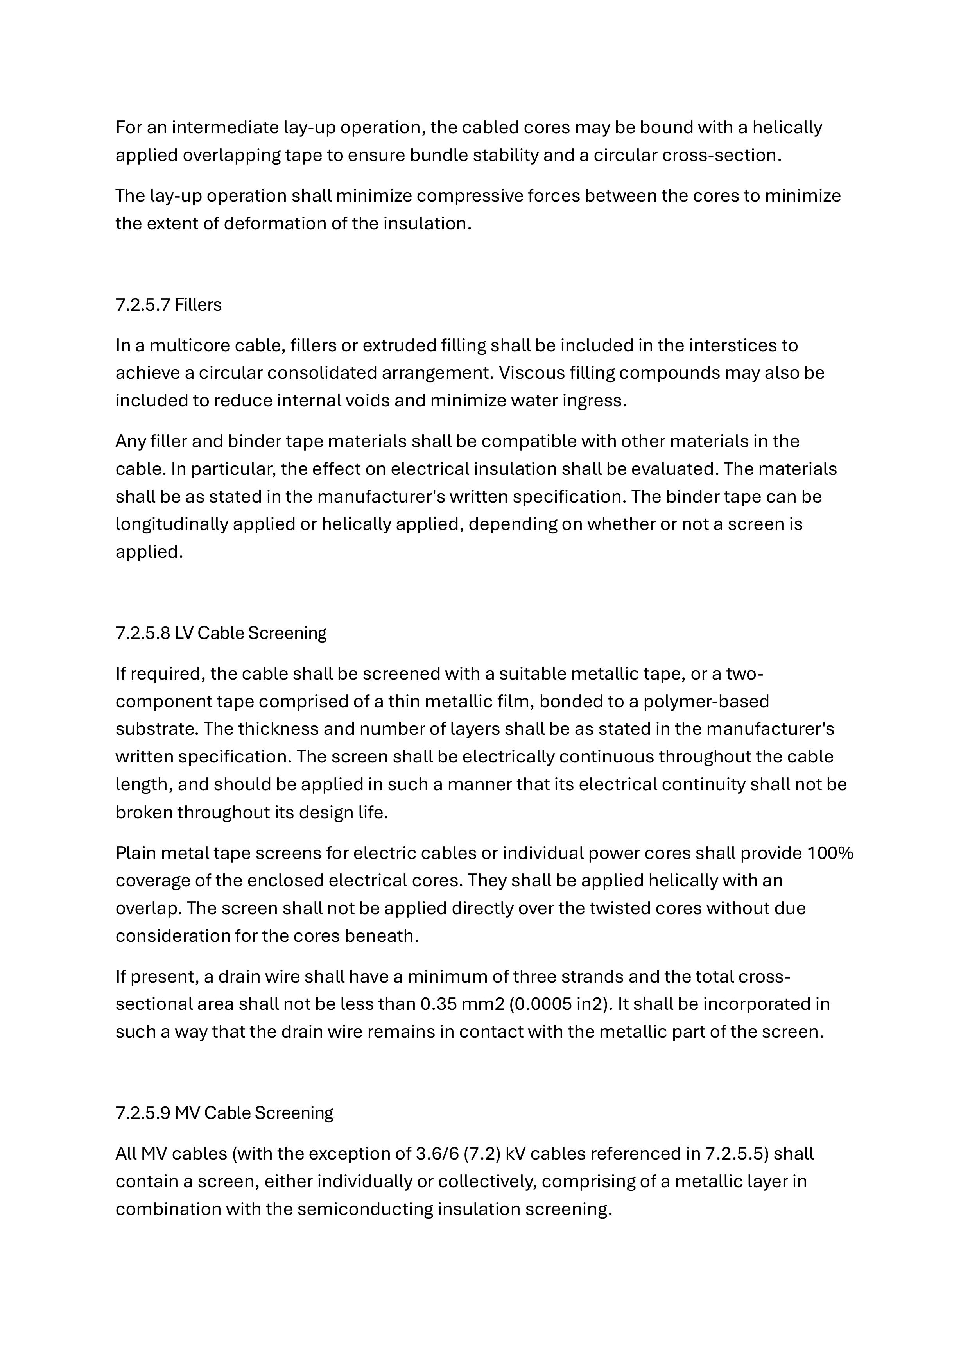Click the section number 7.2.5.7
[142, 305]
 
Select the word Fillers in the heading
[198, 305]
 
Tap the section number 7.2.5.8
[142, 633]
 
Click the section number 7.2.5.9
[142, 1113]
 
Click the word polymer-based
[706, 701]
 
